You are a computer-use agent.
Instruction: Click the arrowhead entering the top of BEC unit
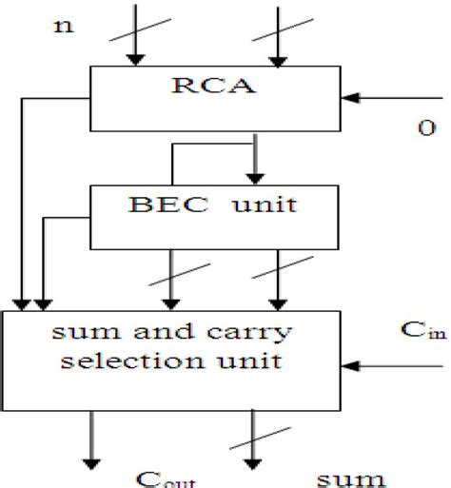(253, 177)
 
